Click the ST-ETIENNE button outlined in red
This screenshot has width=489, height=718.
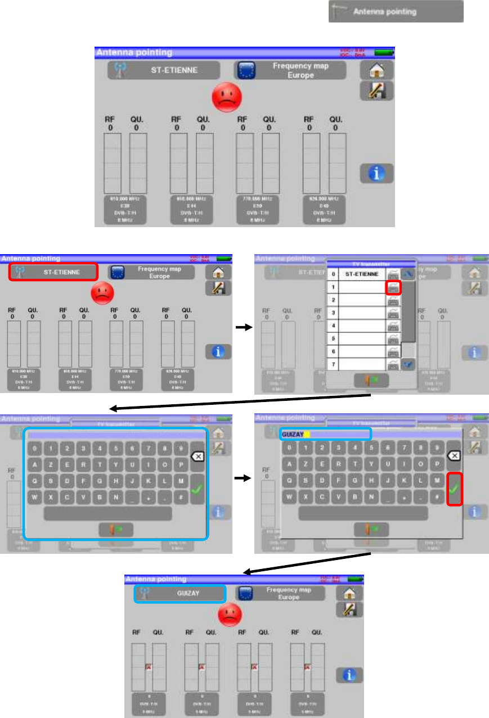tap(53, 272)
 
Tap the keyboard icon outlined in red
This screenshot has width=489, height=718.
tap(393, 287)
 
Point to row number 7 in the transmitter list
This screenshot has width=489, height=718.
tap(334, 364)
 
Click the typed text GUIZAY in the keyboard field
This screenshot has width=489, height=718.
tap(293, 434)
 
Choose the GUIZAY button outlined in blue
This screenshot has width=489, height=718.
tap(180, 593)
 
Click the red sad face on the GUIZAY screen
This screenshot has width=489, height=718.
tap(228, 615)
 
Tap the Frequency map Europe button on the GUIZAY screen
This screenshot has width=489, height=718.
tap(281, 593)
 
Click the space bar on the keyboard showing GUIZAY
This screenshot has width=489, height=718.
tap(362, 513)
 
